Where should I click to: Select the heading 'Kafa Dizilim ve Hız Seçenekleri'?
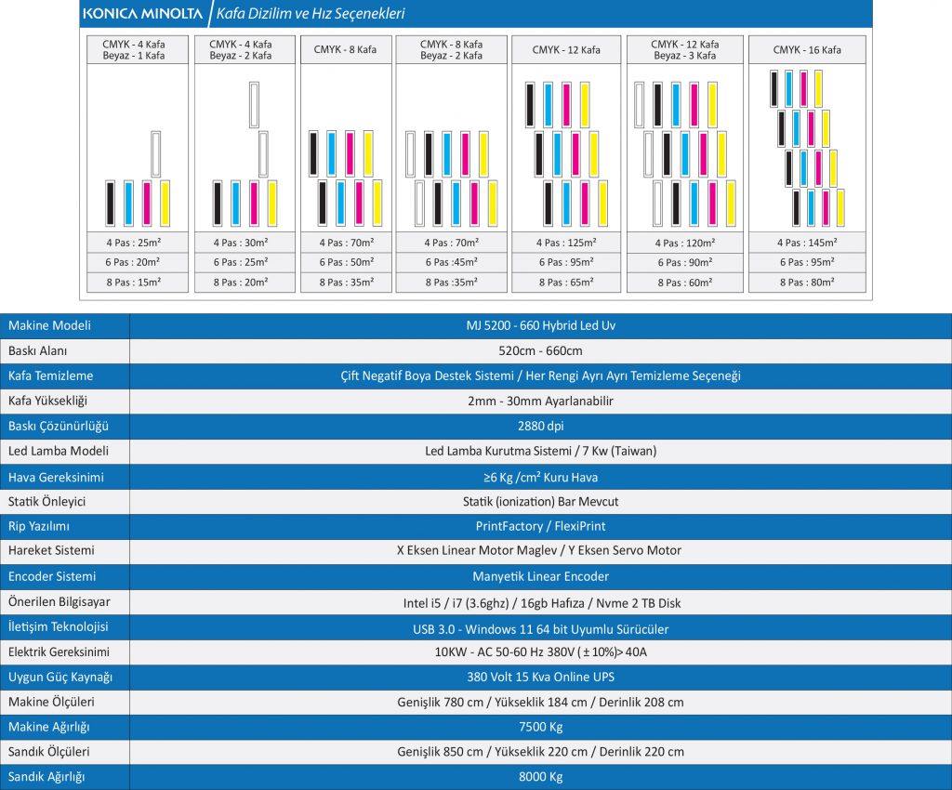pos(311,14)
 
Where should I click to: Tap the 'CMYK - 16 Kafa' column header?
pos(807,49)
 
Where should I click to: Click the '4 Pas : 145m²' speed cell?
pos(807,242)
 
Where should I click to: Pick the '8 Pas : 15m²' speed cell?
pos(135,282)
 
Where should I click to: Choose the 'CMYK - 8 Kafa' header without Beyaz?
pos(345,49)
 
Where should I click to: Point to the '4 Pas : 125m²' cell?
pos(566,242)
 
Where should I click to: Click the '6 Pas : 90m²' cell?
pos(684,262)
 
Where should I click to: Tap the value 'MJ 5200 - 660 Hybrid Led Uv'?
pos(540,326)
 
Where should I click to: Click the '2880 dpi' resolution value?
pos(540,427)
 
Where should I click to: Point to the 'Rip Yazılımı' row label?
pos(39,527)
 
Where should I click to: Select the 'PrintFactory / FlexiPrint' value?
pos(540,527)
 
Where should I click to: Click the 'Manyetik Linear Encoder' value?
pos(540,577)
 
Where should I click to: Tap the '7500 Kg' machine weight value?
pos(540,727)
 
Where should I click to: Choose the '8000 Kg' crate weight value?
pos(540,777)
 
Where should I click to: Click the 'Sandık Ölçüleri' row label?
pos(49,752)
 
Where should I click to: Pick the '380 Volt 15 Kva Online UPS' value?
pos(540,677)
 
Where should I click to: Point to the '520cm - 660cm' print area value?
pos(540,351)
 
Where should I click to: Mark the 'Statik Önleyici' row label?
pos(46,502)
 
